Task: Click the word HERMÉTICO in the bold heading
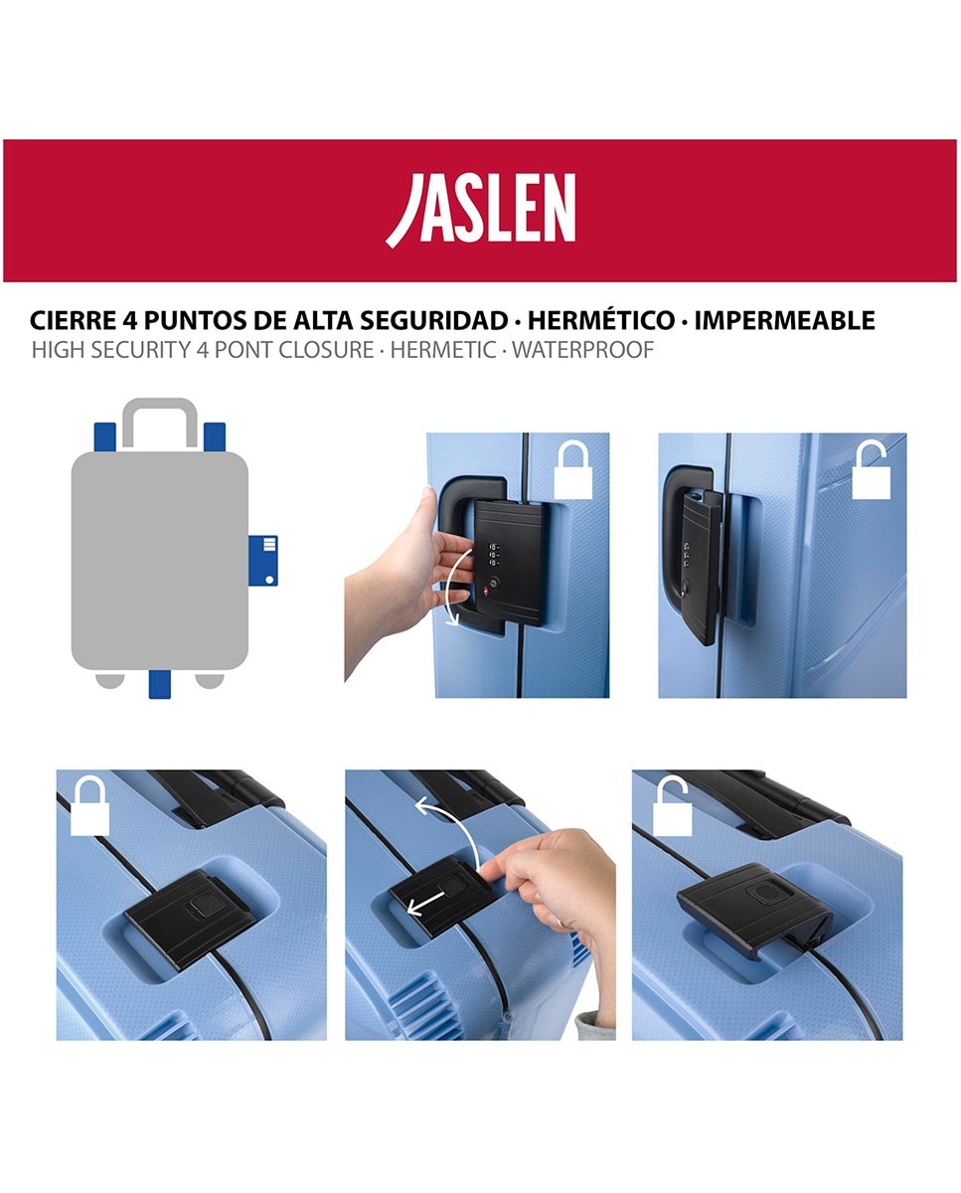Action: pos(601,320)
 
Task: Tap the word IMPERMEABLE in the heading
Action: pos(785,320)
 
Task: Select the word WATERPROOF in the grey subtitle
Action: pos(583,350)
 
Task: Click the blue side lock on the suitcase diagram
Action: pos(262,561)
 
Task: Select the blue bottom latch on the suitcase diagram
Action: pos(160,684)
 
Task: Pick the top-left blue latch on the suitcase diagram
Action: pos(104,437)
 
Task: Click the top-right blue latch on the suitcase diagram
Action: pos(215,437)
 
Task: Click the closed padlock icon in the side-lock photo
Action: pos(573,469)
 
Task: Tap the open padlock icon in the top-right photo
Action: pos(872,469)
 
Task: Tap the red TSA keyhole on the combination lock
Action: pos(486,592)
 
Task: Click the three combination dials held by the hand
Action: pos(494,555)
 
